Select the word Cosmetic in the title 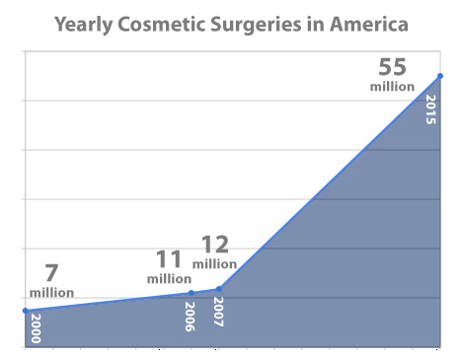(172, 22)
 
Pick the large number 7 (52, 273)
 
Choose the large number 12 (216, 245)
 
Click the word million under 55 (393, 87)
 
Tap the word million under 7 (52, 292)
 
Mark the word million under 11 (169, 279)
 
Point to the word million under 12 (214, 263)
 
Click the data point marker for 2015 (439, 76)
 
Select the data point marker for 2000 (25, 311)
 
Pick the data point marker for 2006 (192, 293)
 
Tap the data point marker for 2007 (218, 289)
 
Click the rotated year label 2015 (429, 108)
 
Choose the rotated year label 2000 (35, 327)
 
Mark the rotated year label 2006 (190, 316)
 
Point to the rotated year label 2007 (218, 312)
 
